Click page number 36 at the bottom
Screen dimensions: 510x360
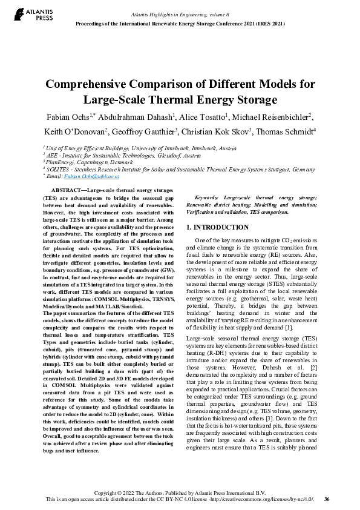tap(327, 498)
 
